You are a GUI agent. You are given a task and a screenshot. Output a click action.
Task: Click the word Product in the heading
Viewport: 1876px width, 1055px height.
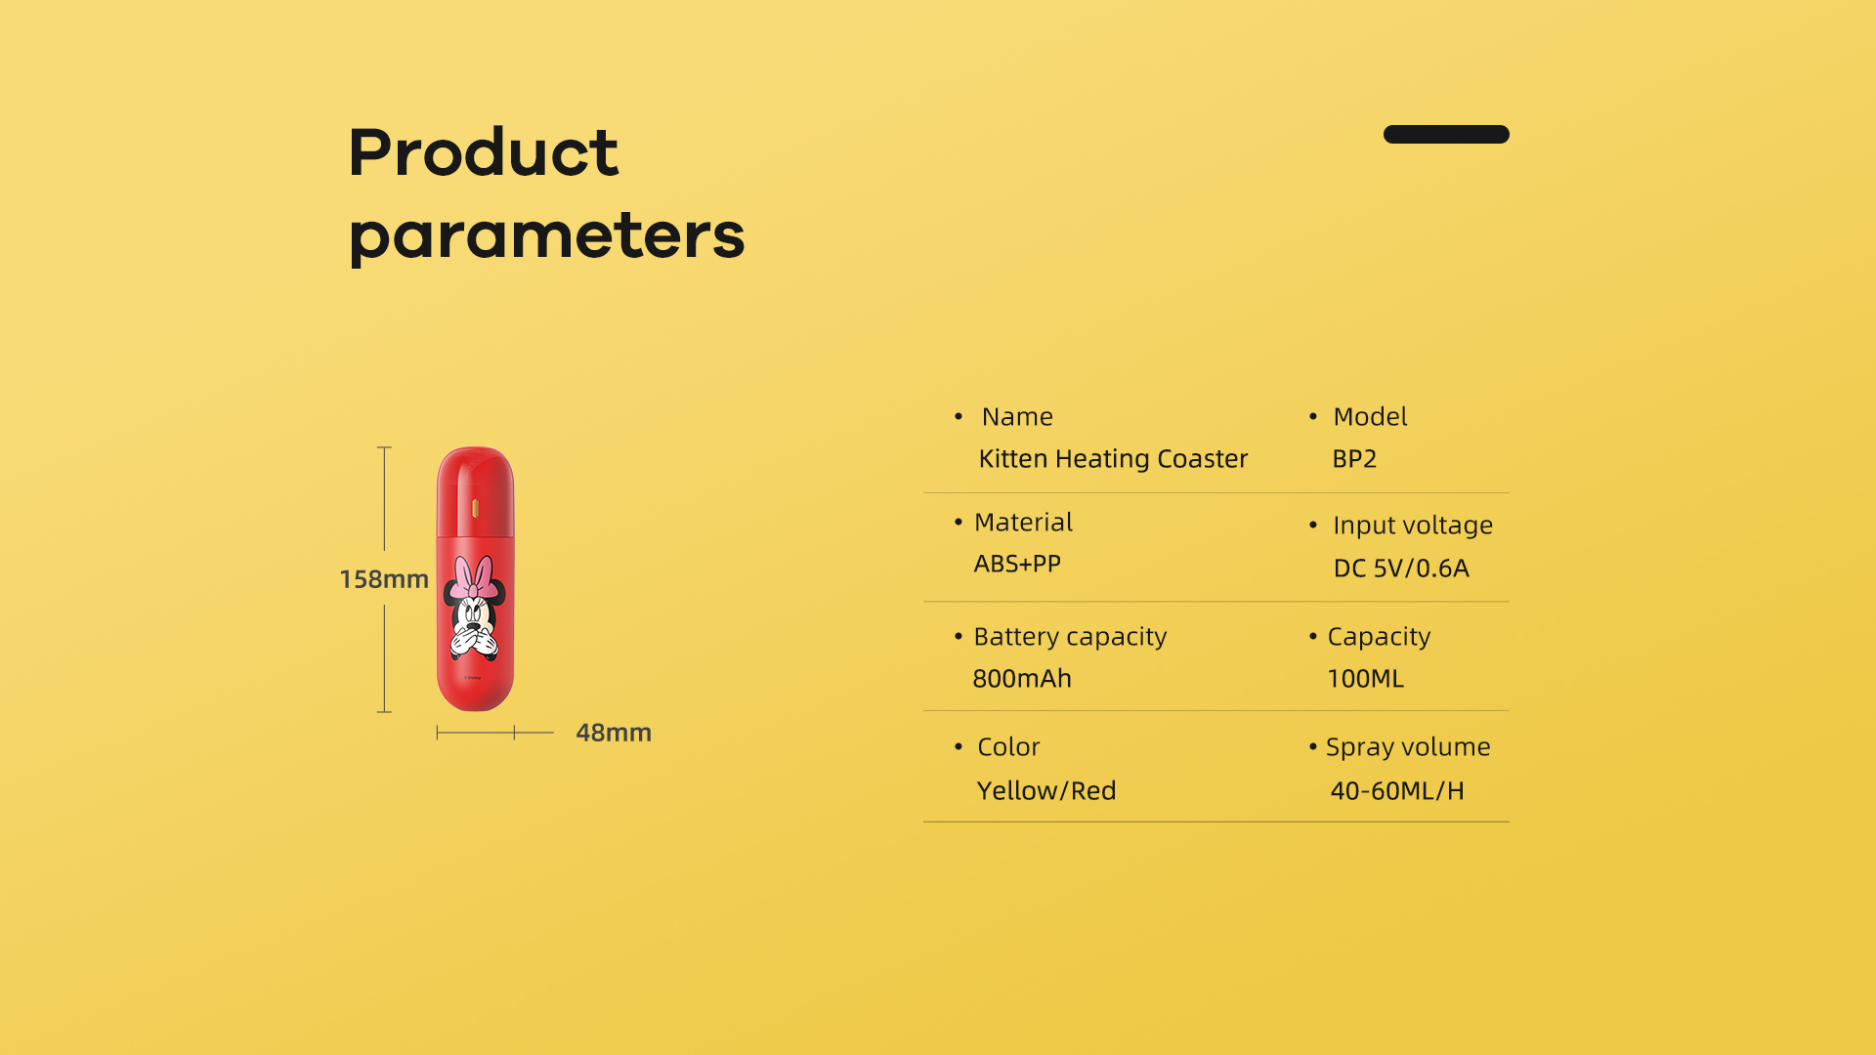(x=484, y=152)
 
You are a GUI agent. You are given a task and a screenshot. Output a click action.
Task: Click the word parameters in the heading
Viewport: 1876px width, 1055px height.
(x=547, y=236)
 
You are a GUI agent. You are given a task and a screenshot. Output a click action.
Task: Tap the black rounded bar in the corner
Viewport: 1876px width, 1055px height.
(x=1446, y=134)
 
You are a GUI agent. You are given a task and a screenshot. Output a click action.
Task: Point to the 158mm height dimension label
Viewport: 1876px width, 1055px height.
(x=384, y=579)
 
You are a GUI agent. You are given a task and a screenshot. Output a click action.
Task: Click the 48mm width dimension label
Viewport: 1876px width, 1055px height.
(x=614, y=733)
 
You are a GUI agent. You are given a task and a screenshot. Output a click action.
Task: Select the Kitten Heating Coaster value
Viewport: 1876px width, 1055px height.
(x=1113, y=459)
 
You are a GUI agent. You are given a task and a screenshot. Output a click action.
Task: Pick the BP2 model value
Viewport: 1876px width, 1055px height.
(x=1354, y=459)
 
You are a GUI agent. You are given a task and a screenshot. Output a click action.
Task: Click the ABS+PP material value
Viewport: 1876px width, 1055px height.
(x=1017, y=564)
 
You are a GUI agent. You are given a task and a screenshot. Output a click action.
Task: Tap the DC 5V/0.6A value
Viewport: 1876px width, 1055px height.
(x=1401, y=569)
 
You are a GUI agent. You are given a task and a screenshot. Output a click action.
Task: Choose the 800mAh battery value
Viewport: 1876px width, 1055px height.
(x=1022, y=679)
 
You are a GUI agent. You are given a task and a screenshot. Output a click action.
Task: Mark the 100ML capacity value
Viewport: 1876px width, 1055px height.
(x=1365, y=679)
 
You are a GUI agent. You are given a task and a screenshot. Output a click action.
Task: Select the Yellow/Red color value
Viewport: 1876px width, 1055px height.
(x=1046, y=791)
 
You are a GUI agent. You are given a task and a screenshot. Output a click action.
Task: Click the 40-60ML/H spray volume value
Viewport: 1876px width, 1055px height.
(x=1397, y=791)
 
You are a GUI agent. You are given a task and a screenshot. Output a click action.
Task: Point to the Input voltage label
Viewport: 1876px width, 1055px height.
(x=1413, y=526)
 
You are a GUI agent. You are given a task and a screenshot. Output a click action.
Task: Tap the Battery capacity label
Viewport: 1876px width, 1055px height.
(x=1070, y=637)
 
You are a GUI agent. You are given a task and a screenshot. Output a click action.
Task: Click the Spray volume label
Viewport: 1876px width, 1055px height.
(x=1408, y=747)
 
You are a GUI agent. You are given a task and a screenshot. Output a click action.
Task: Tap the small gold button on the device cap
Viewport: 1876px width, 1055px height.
(x=475, y=508)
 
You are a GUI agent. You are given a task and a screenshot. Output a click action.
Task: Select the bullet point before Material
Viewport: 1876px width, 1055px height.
(x=959, y=523)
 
